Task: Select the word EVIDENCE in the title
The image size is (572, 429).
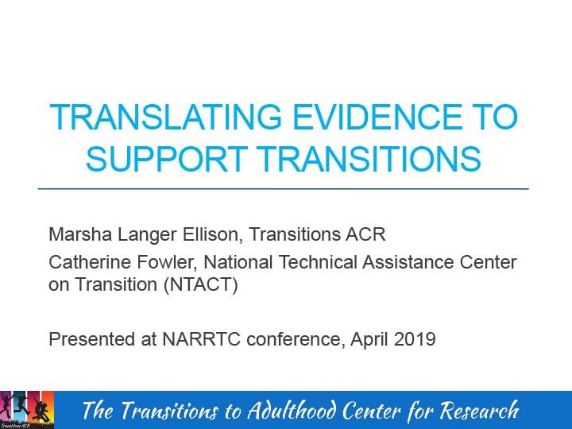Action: (x=365, y=118)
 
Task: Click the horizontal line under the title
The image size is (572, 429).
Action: (x=283, y=189)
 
